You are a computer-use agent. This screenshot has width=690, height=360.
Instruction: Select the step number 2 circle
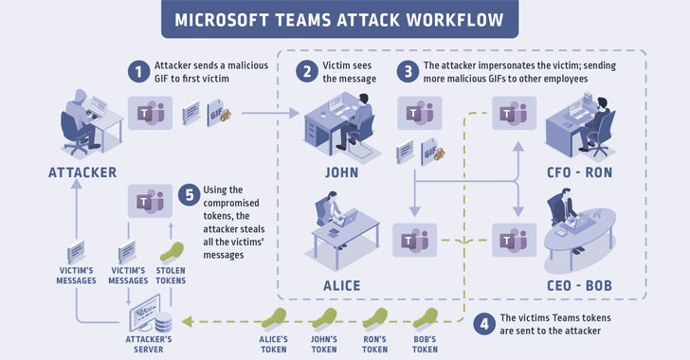306,72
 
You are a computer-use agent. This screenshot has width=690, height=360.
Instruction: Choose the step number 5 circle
190,197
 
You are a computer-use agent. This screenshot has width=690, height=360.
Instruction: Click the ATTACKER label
83,172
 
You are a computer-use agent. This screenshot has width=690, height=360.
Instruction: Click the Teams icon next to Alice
414,241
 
